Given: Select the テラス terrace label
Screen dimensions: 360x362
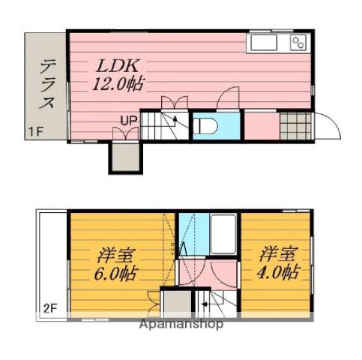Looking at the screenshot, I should tap(47, 85).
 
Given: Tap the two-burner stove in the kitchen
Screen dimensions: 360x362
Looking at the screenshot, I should tap(299, 43).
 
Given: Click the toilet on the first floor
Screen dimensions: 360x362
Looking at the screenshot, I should tap(208, 126).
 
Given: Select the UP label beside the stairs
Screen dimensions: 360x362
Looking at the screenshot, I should tap(128, 118).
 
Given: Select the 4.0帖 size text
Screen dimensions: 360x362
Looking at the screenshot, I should tap(281, 271).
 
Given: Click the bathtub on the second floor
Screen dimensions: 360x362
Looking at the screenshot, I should tap(223, 235).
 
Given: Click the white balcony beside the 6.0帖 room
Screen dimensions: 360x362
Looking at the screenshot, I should tap(50, 262).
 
